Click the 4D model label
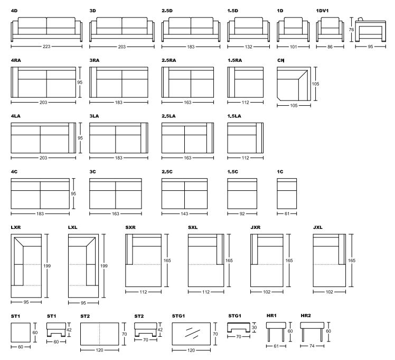click(x=14, y=11)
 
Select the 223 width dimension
click(x=46, y=47)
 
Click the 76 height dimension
click(x=352, y=30)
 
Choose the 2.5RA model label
click(x=169, y=60)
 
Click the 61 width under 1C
click(x=287, y=214)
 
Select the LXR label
click(x=16, y=227)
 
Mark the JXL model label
click(x=318, y=227)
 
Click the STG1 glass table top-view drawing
click(x=191, y=334)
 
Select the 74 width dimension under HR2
click(x=312, y=347)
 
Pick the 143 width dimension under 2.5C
click(x=184, y=214)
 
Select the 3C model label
click(x=93, y=172)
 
